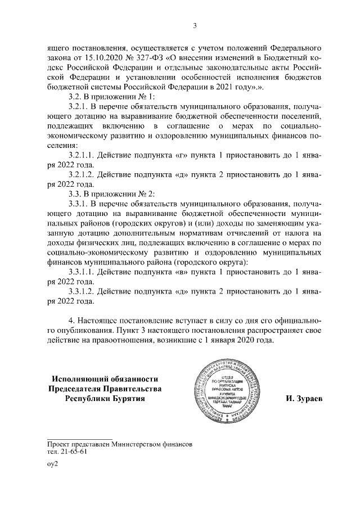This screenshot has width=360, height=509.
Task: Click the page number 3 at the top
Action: (x=194, y=25)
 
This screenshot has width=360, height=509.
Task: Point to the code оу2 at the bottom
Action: (x=52, y=465)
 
